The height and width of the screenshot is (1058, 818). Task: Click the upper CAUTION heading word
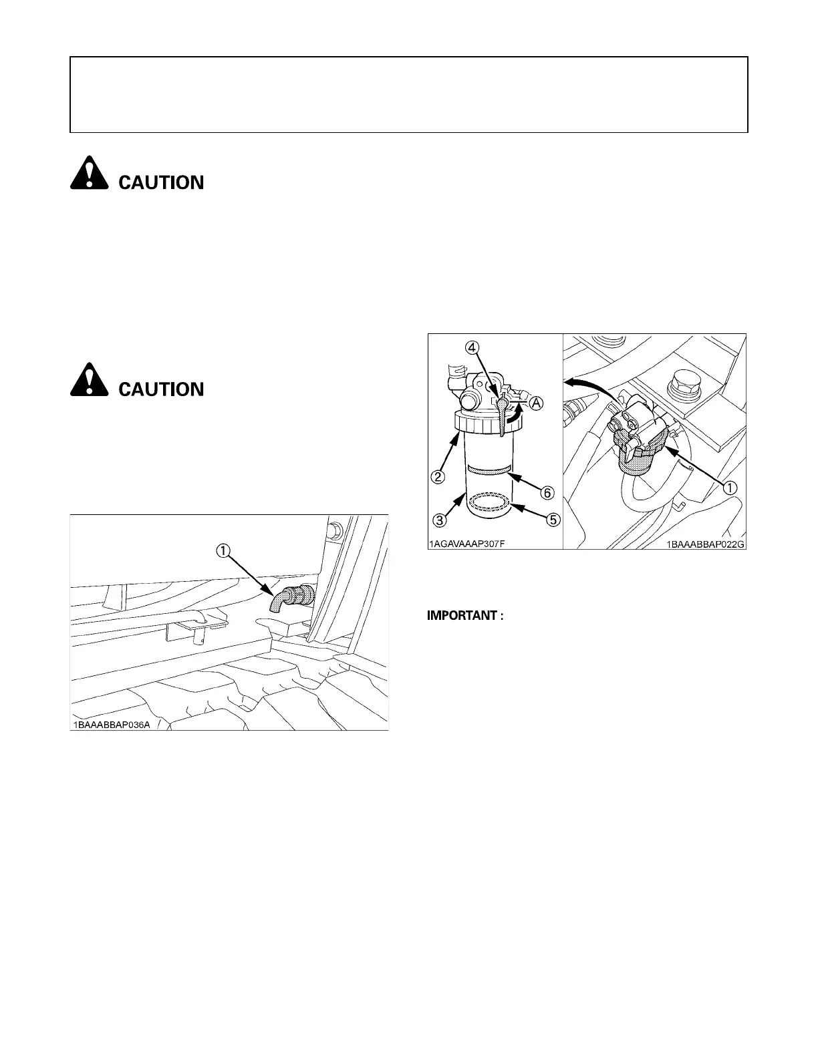tap(161, 182)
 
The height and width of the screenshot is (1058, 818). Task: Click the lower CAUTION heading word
tap(161, 389)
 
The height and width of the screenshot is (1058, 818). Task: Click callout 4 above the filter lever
tap(472, 347)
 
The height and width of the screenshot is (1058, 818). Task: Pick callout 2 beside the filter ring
tap(438, 477)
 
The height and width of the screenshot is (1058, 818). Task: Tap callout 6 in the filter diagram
tap(547, 493)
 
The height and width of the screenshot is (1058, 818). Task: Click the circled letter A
tap(537, 403)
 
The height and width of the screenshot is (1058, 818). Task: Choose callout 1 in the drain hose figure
tap(222, 550)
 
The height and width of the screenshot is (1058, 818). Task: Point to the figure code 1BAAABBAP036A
tap(112, 725)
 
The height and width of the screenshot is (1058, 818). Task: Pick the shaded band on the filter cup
tap(491, 470)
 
